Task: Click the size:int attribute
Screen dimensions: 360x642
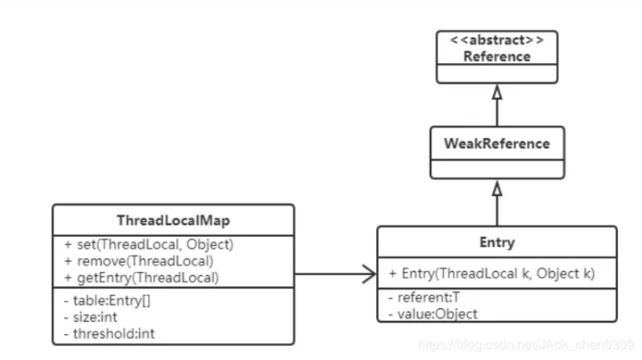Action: [86, 317]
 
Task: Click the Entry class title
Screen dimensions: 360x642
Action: [496, 242]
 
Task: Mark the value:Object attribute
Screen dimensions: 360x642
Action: [433, 314]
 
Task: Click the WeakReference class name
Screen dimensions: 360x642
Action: [497, 143]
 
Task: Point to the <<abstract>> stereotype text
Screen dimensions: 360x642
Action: [497, 41]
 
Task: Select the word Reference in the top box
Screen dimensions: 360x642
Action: [497, 56]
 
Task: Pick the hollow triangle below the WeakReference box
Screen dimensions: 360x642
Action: [497, 189]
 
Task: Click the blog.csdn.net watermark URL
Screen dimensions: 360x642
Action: [526, 343]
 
